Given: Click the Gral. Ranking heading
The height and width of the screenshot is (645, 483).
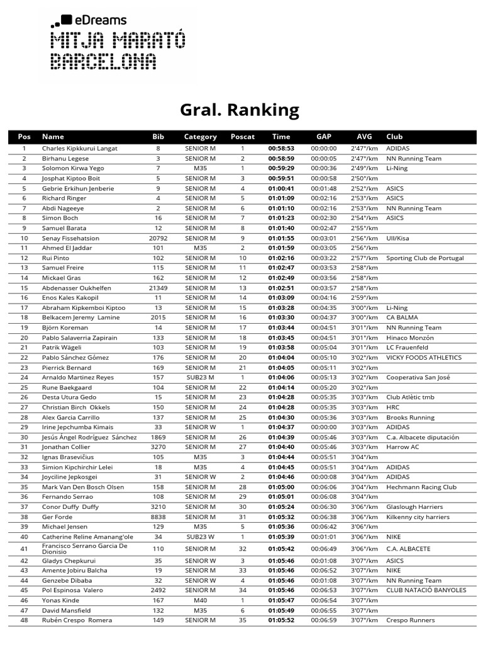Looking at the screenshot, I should tap(240, 110).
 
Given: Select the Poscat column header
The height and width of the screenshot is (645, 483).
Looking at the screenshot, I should tap(243, 137).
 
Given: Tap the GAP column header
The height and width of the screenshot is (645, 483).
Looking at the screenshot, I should tap(324, 137).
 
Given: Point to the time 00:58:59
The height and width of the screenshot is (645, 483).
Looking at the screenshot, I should tap(281, 159).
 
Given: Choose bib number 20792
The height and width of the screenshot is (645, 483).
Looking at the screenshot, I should tap(158, 238).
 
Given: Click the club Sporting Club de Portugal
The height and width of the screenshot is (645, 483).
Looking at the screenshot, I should tap(425, 258).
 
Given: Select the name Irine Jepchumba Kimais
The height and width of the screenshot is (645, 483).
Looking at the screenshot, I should tap(78, 427).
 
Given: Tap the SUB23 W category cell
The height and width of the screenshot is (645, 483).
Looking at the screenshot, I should tap(200, 537).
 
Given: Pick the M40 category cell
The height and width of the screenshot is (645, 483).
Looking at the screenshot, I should tap(200, 600).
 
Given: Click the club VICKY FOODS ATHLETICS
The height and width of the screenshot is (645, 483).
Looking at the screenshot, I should tap(424, 357).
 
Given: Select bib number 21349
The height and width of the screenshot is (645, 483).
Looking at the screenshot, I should tap(158, 288).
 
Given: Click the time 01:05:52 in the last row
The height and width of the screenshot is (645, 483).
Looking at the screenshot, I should tap(281, 620).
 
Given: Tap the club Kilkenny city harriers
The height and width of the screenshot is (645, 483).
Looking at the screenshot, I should tap(418, 517).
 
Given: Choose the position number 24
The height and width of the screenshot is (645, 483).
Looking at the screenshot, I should tap(24, 377).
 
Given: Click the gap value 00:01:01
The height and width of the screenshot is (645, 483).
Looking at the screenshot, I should tap(324, 537).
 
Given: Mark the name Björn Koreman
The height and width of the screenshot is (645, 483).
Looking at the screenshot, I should tap(66, 328).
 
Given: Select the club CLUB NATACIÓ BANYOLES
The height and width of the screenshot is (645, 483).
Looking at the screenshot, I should tap(426, 590).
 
